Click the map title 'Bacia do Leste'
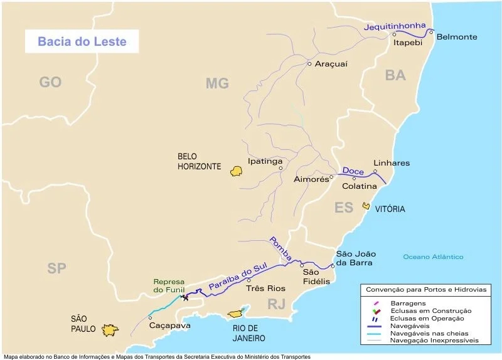(82, 42)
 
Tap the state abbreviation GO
(50, 82)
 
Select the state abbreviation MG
(217, 83)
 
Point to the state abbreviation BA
(395, 75)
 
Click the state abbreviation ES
(344, 208)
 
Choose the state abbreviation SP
(56, 268)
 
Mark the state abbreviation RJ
(277, 305)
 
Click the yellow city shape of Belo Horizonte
(236, 171)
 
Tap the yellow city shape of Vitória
(366, 206)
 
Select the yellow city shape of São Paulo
(111, 329)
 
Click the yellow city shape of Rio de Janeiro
(236, 312)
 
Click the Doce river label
(353, 171)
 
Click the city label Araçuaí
(331, 64)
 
